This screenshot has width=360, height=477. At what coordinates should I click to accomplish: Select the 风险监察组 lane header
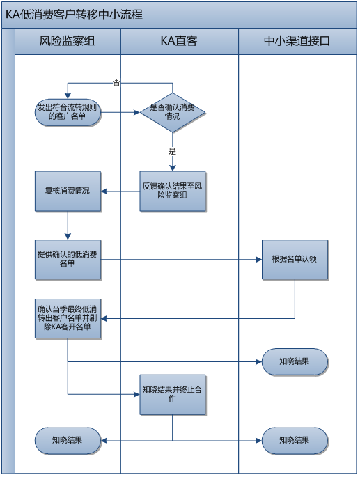coord(67,42)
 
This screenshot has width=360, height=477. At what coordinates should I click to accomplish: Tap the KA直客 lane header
coord(179,42)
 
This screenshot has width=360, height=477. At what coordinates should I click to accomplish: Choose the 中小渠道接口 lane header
coord(297,42)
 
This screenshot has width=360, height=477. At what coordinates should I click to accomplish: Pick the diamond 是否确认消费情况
coord(172,111)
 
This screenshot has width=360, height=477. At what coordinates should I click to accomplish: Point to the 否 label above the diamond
coord(116,82)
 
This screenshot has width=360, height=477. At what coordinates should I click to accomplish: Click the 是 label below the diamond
coord(172,150)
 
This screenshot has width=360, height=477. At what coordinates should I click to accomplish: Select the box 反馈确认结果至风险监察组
coord(172,190)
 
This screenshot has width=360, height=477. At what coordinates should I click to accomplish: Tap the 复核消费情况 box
coord(68,190)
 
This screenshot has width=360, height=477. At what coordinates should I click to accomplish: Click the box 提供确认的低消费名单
coord(68,260)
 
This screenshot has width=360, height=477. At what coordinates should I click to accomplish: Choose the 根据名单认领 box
coord(294,260)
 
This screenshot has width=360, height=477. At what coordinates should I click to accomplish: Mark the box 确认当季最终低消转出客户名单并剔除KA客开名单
coord(68,318)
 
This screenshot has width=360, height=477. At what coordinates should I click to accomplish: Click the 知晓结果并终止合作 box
coord(172,394)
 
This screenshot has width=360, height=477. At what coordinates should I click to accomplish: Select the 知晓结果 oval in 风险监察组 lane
coord(68,440)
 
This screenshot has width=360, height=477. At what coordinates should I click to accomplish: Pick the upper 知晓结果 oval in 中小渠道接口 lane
coord(294,361)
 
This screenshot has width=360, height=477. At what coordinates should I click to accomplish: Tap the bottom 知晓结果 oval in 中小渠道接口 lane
coord(294,440)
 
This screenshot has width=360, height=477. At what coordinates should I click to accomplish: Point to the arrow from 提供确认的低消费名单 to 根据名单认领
coord(181,260)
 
